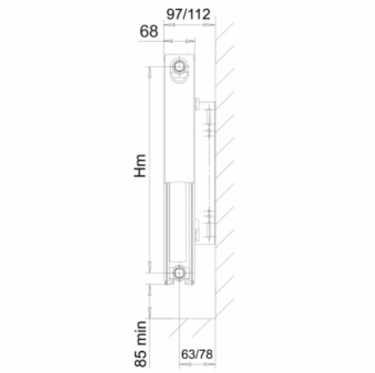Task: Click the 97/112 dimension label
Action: (x=188, y=15)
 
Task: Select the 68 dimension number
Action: (x=149, y=31)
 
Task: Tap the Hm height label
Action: (x=140, y=166)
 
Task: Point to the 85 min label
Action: (x=140, y=344)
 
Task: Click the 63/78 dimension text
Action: (x=197, y=354)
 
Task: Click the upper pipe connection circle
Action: (x=178, y=66)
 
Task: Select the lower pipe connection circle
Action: (x=178, y=272)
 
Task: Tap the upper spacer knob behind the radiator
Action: (x=197, y=104)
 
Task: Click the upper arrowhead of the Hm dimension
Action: (x=150, y=71)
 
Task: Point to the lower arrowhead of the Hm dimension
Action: (x=150, y=267)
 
